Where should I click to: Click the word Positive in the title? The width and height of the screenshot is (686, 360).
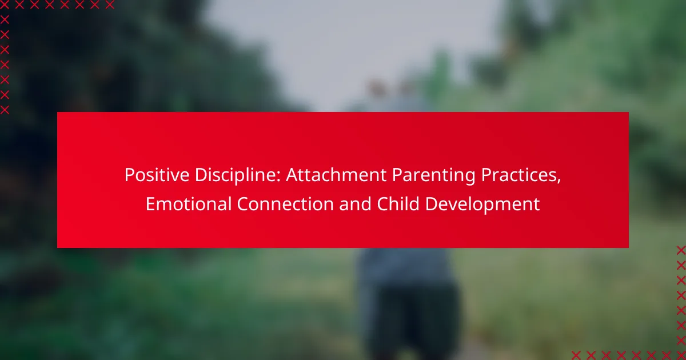(x=157, y=175)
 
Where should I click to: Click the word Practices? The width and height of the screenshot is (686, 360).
(x=519, y=175)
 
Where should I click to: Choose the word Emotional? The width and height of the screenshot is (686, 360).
(x=188, y=204)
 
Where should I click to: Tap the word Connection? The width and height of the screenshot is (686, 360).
(x=285, y=204)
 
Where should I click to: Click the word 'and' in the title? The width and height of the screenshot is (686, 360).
(x=355, y=204)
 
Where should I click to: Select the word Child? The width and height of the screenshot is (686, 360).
(x=398, y=204)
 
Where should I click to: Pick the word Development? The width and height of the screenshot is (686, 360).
(x=482, y=205)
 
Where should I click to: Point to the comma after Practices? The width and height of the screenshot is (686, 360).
(x=559, y=181)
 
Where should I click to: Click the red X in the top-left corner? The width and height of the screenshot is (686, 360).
(x=5, y=5)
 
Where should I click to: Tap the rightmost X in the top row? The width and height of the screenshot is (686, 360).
(x=109, y=5)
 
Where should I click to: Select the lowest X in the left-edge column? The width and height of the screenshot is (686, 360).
(x=5, y=110)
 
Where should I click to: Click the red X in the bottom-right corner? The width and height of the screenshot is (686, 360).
(x=681, y=355)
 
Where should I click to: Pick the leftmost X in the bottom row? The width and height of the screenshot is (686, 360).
(x=576, y=355)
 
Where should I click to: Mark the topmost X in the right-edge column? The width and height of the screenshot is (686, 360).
(x=681, y=250)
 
